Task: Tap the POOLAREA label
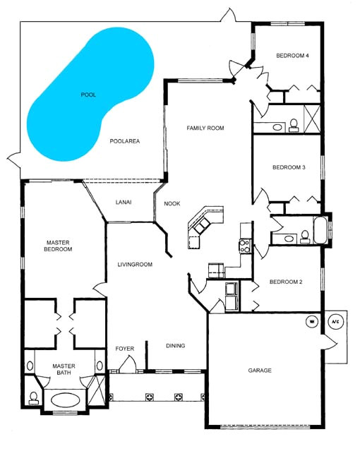(x=125, y=141)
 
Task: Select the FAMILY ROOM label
(x=205, y=128)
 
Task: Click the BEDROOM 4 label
(x=292, y=55)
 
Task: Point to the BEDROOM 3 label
(x=289, y=167)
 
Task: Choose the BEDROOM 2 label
(x=286, y=282)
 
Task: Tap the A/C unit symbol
(x=335, y=321)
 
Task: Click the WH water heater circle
(x=310, y=321)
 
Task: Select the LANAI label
(x=124, y=203)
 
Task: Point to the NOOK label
(x=172, y=204)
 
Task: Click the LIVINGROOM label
(x=135, y=265)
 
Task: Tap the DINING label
(x=175, y=346)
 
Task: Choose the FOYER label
(x=125, y=349)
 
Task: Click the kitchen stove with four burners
(x=246, y=246)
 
